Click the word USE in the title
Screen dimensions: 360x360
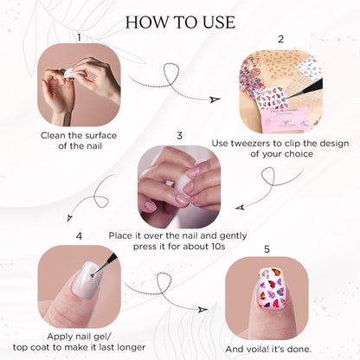tap(219, 22)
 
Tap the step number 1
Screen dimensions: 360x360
tap(79, 37)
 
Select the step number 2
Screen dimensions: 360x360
tap(280, 39)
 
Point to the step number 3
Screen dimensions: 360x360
tap(179, 136)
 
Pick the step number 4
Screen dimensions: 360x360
tap(79, 236)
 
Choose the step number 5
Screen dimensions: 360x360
tap(267, 249)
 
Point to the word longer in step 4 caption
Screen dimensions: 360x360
tap(130, 347)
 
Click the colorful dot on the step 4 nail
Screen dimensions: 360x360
tap(93, 275)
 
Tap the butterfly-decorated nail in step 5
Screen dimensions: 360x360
tap(272, 288)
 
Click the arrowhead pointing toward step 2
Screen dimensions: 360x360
tap(215, 99)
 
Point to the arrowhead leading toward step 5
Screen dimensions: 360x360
tap(203, 309)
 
